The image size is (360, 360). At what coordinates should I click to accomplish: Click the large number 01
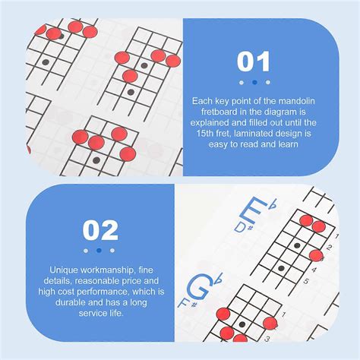(254, 62)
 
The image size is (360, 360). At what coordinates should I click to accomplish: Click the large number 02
(100, 230)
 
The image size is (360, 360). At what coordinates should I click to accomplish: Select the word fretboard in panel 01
(219, 112)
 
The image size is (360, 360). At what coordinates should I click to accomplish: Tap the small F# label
(187, 302)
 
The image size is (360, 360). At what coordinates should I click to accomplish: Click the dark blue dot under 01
(254, 82)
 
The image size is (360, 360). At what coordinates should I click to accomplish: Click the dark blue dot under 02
(99, 251)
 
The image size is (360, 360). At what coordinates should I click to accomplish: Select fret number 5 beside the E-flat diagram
(306, 281)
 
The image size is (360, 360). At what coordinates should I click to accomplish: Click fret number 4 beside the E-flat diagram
(314, 270)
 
